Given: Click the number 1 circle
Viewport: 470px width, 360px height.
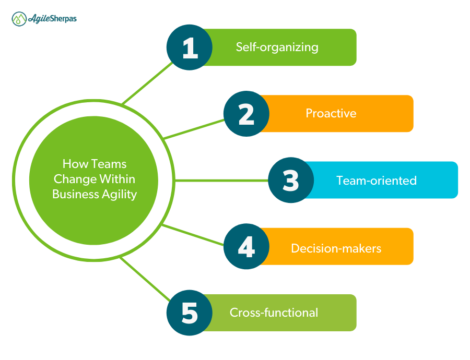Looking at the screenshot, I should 190,47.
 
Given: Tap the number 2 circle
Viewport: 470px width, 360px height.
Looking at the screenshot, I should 246,114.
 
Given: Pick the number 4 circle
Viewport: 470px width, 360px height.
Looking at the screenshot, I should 246,246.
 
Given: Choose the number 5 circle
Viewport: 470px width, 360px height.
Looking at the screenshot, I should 190,313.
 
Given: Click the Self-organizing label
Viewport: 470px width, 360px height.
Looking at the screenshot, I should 277,47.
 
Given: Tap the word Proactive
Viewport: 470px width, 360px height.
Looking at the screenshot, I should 331,113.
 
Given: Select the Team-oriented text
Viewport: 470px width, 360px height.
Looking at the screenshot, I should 377,181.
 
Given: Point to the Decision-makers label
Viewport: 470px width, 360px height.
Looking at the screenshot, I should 336,248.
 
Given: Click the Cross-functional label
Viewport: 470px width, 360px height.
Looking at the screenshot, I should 274,313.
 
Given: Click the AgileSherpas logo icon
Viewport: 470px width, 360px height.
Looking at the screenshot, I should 19,19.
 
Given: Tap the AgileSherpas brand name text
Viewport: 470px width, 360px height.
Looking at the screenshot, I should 52,18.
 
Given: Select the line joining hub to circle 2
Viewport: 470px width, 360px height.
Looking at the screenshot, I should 193,129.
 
